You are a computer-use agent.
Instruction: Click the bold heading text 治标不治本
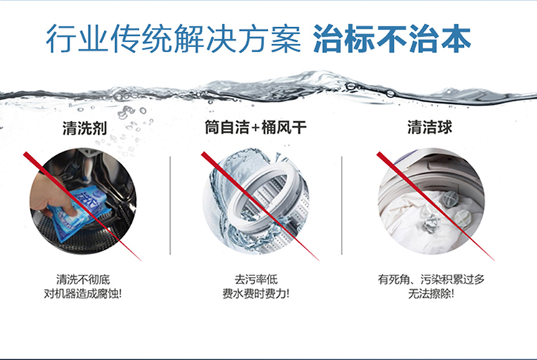pos(392,39)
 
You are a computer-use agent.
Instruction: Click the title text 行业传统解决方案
pos(173,39)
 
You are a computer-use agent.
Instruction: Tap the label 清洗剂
pos(84,128)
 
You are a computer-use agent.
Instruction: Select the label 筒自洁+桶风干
pos(256,127)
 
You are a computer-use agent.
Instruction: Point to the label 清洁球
pos(430,127)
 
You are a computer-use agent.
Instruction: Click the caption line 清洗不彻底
pos(83,280)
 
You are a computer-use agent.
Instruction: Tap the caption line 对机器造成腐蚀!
pos(83,294)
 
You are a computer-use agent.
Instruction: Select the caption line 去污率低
pos(256,280)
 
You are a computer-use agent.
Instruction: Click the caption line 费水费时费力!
pos(256,294)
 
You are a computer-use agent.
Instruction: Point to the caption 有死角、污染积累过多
pos(431,280)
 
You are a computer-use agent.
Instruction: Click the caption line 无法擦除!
pos(431,294)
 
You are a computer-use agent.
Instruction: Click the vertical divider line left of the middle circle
pos(170,205)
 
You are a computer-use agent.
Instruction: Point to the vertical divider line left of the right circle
pos(342,205)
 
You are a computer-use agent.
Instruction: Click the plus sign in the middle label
pos(256,128)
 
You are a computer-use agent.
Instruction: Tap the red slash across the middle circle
pos(261,206)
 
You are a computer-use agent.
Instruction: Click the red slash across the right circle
pos(435,206)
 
